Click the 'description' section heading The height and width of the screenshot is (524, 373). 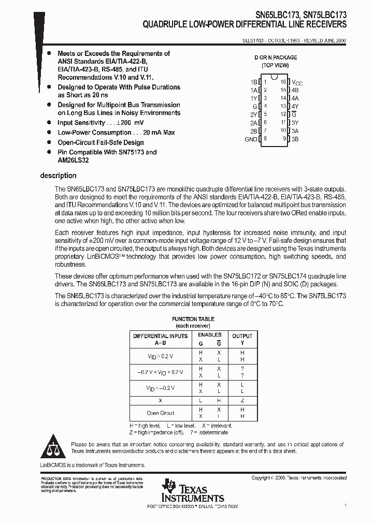coord(58,176)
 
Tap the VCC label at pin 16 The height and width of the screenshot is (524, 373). coord(297,82)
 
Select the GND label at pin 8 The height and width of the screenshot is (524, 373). coord(251,139)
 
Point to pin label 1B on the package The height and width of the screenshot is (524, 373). coord(254,82)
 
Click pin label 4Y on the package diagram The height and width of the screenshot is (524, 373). coord(295,106)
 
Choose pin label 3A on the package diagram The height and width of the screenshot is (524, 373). coord(295,131)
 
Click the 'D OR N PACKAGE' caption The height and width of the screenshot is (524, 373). coord(275,57)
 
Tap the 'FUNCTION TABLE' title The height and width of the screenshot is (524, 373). coord(193,319)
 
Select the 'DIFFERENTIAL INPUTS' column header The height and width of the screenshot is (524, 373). coord(161,336)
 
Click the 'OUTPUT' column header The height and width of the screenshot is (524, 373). coord(242,336)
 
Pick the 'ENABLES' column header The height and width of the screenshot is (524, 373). coord(210,335)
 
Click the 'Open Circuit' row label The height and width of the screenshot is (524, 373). coord(160,413)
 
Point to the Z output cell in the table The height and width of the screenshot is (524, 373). coord(242,401)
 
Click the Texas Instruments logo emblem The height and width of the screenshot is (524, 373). coord(168,486)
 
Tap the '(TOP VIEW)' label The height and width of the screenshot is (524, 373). coord(275,65)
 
